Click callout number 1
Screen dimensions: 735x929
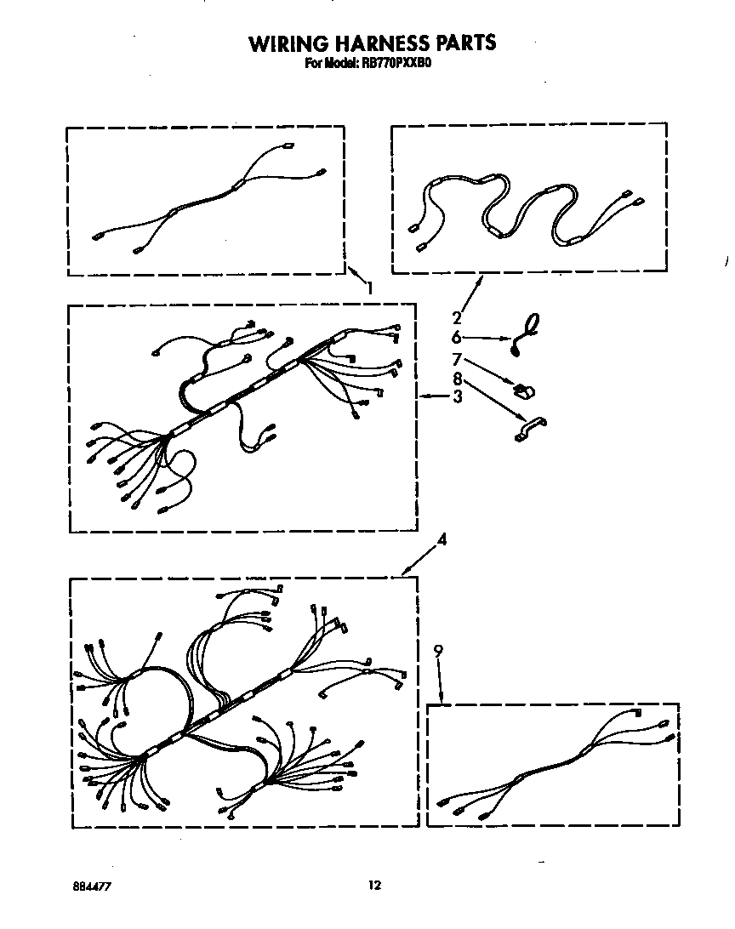click(x=370, y=288)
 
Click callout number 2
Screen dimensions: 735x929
click(x=457, y=318)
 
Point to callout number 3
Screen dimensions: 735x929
click(x=457, y=396)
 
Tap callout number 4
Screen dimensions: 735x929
click(x=442, y=539)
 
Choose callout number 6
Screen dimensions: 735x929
click(x=456, y=337)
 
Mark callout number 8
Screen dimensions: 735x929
click(x=457, y=379)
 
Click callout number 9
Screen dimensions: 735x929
click(x=438, y=651)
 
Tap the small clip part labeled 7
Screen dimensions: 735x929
click(x=525, y=390)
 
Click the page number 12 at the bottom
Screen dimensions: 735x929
click(x=374, y=885)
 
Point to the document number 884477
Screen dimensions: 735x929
click(x=92, y=886)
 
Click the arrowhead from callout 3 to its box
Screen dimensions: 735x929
click(x=423, y=396)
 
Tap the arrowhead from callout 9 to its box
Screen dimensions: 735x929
click(x=442, y=698)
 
